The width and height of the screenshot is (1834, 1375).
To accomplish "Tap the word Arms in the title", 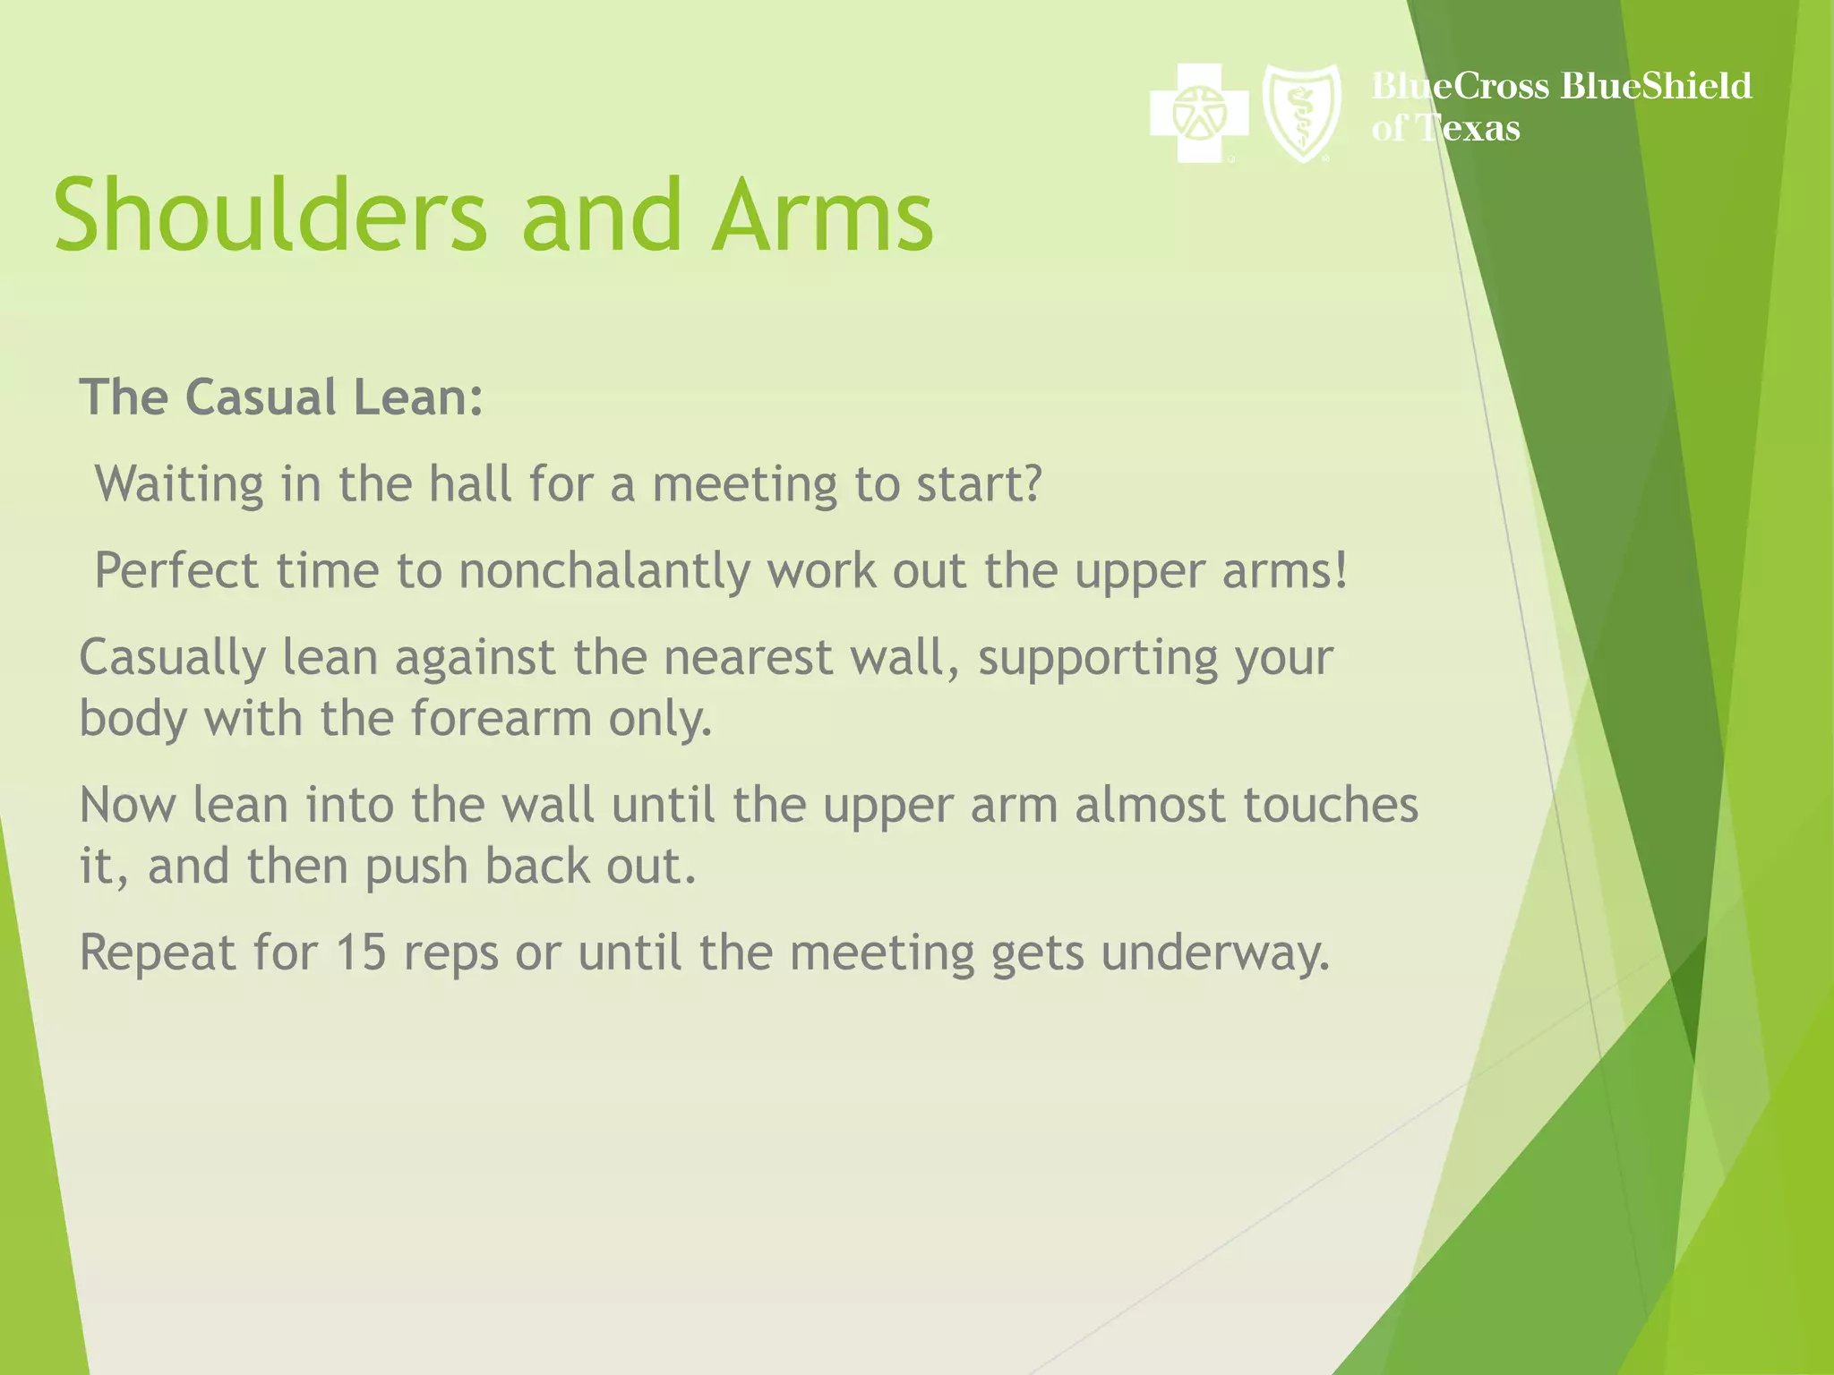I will pyautogui.click(x=822, y=215).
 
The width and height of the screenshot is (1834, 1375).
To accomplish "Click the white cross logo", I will pyautogui.click(x=1199, y=113).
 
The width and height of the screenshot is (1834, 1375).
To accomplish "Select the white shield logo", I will pyautogui.click(x=1301, y=114).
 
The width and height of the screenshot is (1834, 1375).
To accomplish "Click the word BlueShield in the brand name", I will pyautogui.click(x=1655, y=86).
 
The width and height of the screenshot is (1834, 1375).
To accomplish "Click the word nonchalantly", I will pyautogui.click(x=604, y=571).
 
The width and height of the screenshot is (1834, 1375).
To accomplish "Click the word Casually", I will pyautogui.click(x=172, y=658).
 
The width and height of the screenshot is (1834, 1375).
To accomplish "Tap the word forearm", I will pyautogui.click(x=501, y=719).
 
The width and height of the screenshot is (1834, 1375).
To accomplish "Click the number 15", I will pyautogui.click(x=360, y=952).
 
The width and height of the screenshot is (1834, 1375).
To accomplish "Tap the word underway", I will pyautogui.click(x=1214, y=952).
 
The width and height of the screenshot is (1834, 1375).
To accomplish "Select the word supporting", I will pyautogui.click(x=1098, y=658).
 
